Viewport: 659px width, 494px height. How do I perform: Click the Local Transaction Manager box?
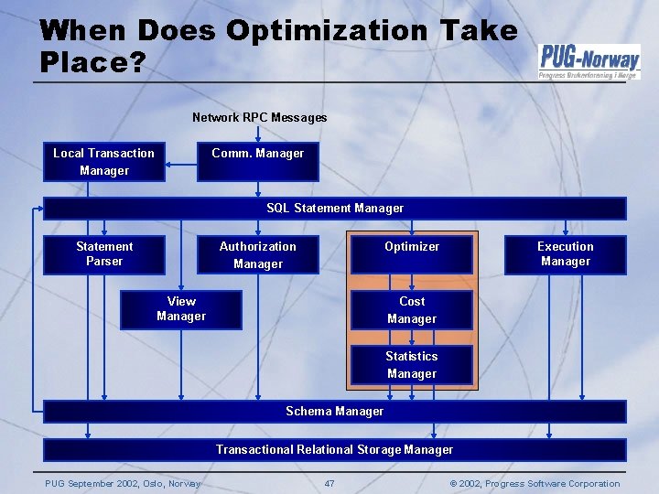click(103, 162)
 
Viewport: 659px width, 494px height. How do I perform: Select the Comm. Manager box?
click(257, 162)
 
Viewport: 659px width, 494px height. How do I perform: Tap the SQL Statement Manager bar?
click(334, 209)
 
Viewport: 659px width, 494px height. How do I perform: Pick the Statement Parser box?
click(103, 254)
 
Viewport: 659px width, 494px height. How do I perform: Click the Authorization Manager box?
click(257, 254)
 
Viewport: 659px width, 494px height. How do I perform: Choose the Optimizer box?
click(412, 254)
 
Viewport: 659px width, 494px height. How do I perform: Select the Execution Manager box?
click(565, 254)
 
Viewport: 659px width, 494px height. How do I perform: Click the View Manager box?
click(181, 309)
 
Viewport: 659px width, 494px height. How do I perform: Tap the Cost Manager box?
click(412, 310)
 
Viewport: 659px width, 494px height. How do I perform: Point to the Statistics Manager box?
click(412, 365)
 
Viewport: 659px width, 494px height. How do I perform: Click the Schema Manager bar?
click(334, 412)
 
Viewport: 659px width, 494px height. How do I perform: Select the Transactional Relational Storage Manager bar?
click(334, 449)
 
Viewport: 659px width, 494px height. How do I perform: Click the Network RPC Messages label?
click(259, 117)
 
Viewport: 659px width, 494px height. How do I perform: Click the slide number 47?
click(329, 484)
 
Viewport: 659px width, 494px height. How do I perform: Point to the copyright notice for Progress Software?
click(535, 484)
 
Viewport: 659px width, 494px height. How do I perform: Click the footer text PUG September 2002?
click(123, 484)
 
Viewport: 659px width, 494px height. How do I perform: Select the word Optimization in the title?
click(325, 31)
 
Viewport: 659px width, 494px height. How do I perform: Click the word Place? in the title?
click(92, 62)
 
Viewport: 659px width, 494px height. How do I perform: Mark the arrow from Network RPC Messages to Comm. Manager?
click(258, 134)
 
